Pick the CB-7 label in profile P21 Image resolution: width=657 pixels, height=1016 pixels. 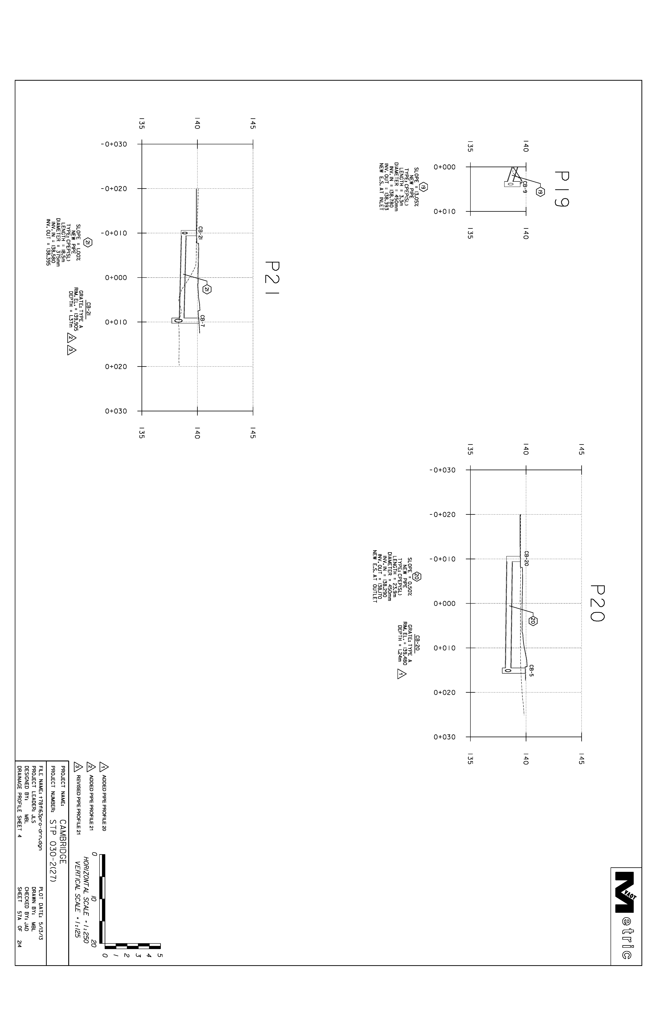click(203, 321)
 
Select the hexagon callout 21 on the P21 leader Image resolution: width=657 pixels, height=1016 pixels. click(207, 289)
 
